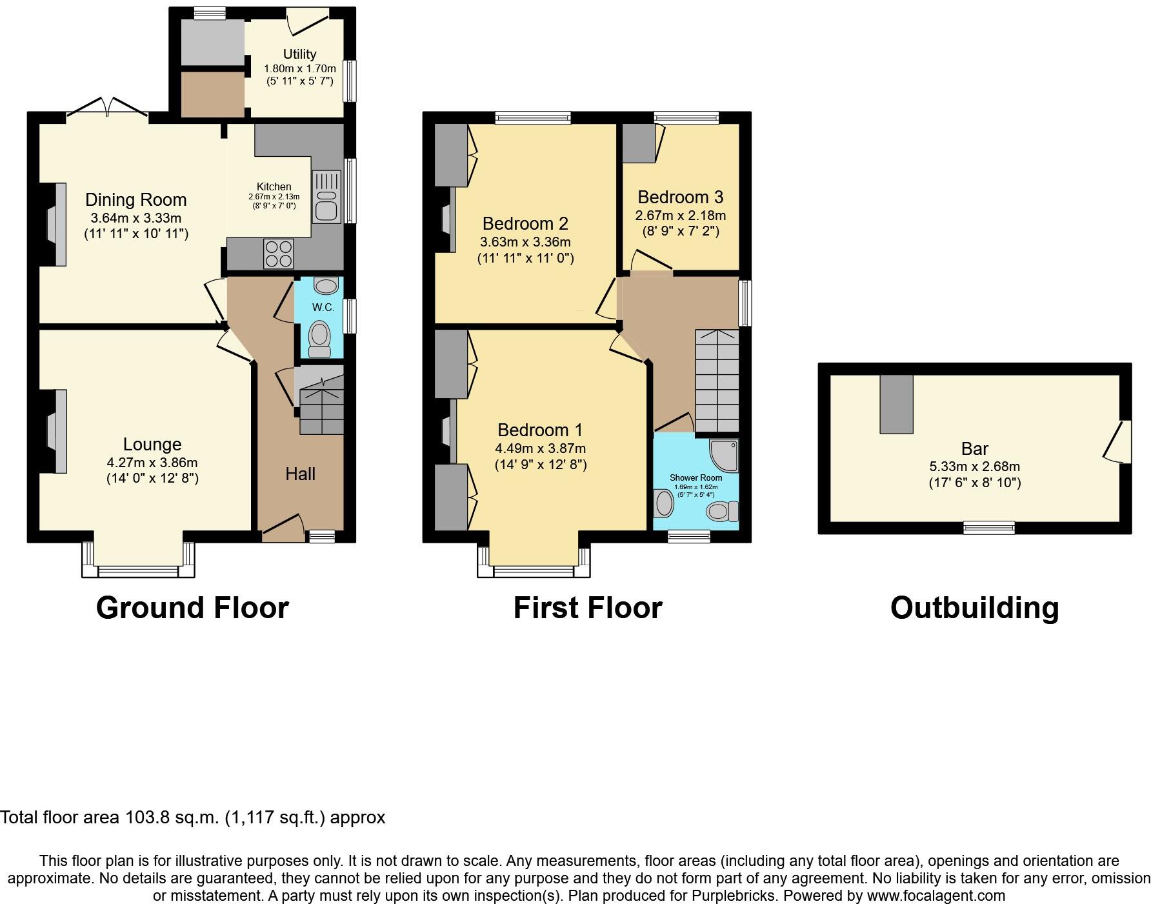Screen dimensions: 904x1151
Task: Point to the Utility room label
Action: [299, 54]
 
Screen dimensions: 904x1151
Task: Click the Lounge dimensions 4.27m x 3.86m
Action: [152, 463]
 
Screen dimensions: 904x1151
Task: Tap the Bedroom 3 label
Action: [680, 197]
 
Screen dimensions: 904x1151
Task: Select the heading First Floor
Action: [587, 608]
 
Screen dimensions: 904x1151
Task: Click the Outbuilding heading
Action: [974, 608]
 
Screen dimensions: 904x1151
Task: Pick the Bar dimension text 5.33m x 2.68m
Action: [974, 467]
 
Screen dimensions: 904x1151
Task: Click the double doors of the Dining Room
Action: [108, 106]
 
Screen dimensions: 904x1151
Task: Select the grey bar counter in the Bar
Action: [896, 404]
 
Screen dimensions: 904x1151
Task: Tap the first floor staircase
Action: [717, 381]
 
